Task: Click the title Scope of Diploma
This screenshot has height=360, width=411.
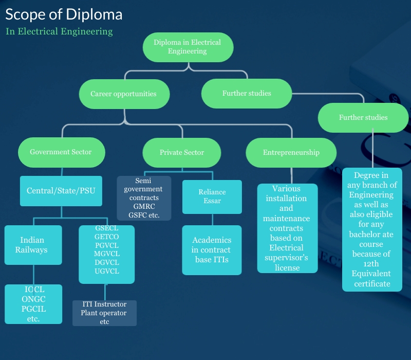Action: (x=64, y=14)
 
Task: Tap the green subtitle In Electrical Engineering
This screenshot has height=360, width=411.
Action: (x=59, y=31)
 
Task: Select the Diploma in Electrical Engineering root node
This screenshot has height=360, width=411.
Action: (x=188, y=47)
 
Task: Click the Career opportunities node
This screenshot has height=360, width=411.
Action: (x=123, y=94)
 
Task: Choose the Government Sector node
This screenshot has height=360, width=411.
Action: (x=61, y=152)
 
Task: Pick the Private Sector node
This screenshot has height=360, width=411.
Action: (x=182, y=152)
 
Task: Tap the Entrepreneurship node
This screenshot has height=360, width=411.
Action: (x=291, y=152)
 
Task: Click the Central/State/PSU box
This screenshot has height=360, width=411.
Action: (x=61, y=191)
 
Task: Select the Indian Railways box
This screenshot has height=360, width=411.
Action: (x=32, y=245)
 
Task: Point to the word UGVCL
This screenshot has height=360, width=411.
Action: (x=107, y=271)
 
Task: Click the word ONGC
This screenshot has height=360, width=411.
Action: (x=33, y=299)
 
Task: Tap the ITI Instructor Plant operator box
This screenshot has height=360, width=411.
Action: (x=104, y=313)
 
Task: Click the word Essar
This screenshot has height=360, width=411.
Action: (x=212, y=201)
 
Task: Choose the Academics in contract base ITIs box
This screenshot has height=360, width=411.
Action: (x=212, y=250)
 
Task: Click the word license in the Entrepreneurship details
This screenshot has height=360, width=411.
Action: (x=287, y=267)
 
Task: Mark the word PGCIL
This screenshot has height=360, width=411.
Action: (x=33, y=309)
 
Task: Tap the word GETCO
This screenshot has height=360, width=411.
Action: (x=107, y=237)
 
